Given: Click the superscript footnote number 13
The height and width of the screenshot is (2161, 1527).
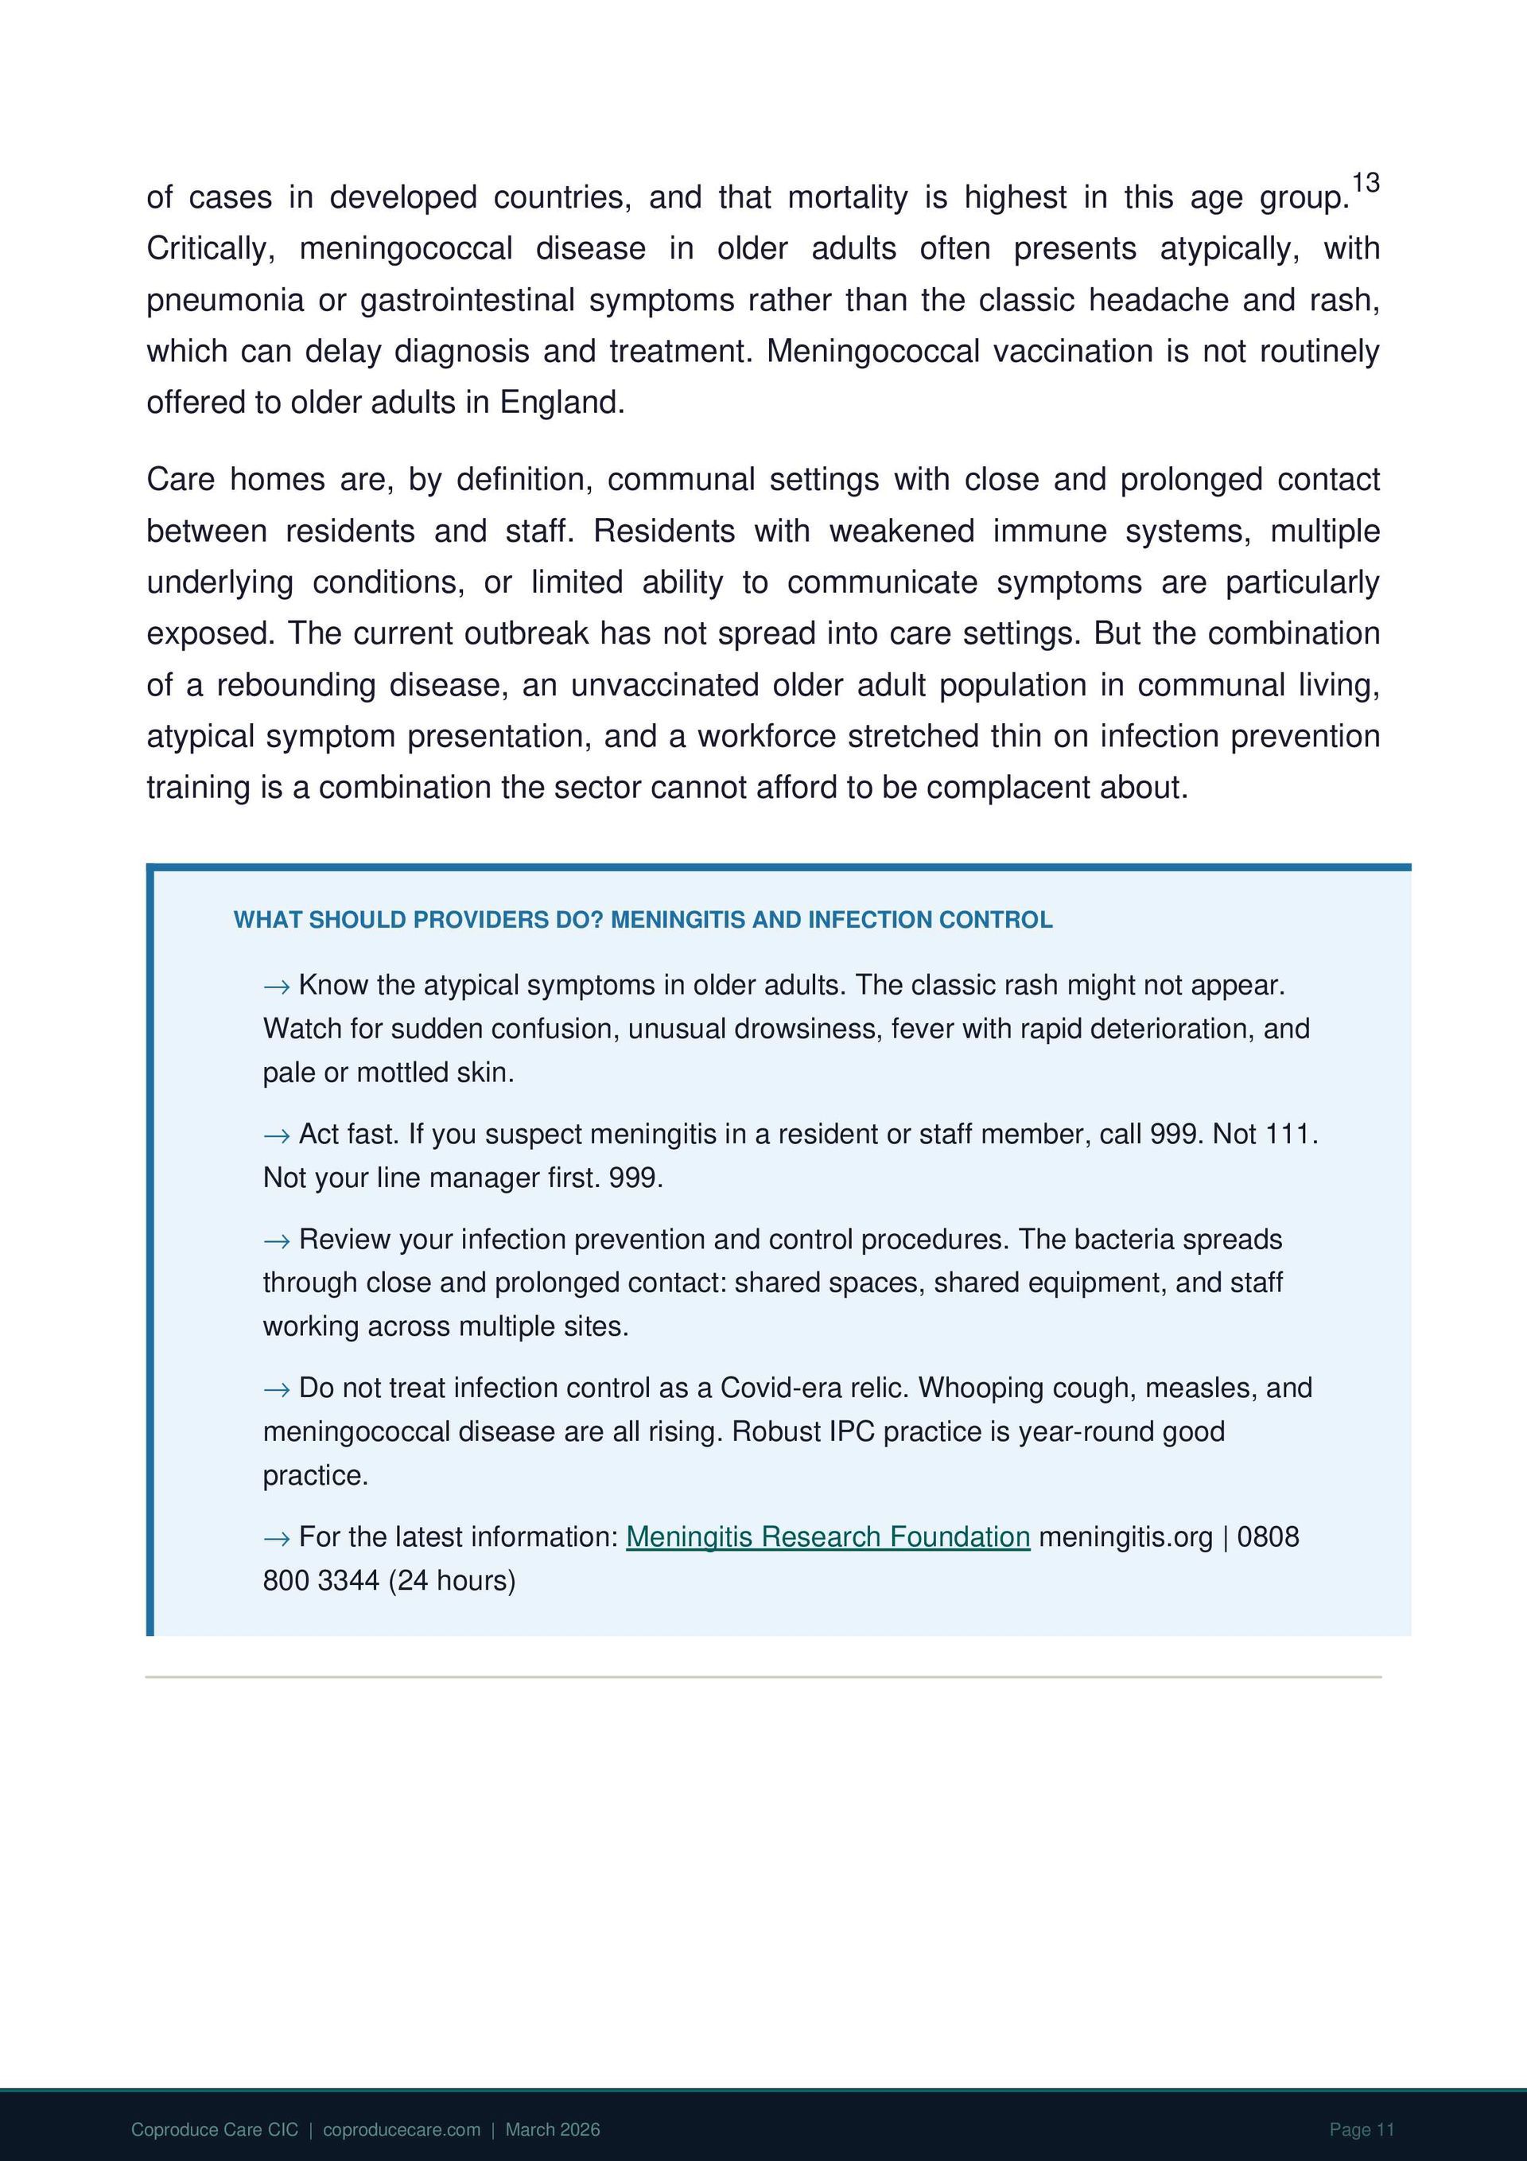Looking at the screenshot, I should click(1366, 182).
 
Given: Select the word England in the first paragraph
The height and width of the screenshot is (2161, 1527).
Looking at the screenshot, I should click(561, 403).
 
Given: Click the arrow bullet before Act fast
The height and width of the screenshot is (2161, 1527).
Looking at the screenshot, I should click(277, 1136).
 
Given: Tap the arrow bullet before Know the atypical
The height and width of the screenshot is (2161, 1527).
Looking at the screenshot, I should click(277, 987).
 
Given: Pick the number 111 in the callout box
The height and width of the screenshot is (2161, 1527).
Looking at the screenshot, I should click(1288, 1134).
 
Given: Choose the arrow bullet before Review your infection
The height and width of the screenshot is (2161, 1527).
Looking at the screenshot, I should click(277, 1240).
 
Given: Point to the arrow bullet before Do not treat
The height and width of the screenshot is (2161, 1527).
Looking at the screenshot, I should click(277, 1389).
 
